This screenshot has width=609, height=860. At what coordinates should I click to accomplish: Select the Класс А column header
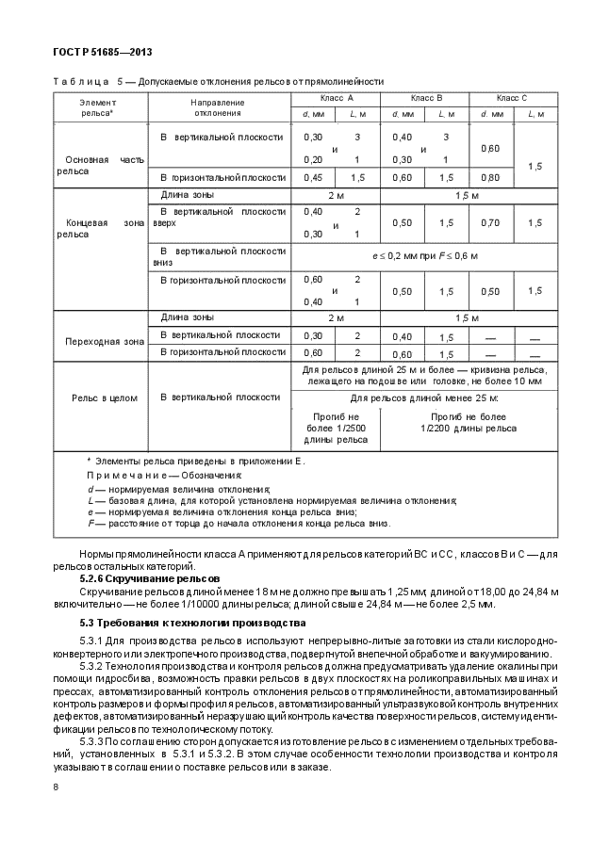[336, 98]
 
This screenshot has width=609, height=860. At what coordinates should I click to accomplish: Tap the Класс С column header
[512, 98]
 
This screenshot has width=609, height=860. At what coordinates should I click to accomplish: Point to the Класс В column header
[425, 98]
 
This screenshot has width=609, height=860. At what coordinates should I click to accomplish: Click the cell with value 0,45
[313, 177]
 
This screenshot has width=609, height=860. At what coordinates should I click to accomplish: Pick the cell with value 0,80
[490, 177]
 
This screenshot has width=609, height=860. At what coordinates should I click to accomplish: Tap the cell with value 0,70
[490, 223]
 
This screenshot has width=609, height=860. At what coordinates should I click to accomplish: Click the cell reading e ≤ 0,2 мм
[424, 256]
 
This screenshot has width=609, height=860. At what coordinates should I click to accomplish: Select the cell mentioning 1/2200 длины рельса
[469, 422]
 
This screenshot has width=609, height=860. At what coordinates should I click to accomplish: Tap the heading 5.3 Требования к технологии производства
[192, 624]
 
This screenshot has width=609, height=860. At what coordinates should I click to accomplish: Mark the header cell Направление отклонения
[218, 107]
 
